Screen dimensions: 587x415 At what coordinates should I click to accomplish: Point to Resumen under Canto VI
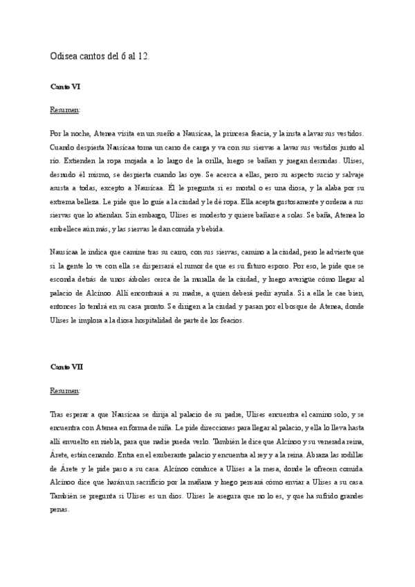coord(65,110)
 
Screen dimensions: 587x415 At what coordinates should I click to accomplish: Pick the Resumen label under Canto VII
coord(65,390)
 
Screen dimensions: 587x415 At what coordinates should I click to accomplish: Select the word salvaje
coord(360,174)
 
